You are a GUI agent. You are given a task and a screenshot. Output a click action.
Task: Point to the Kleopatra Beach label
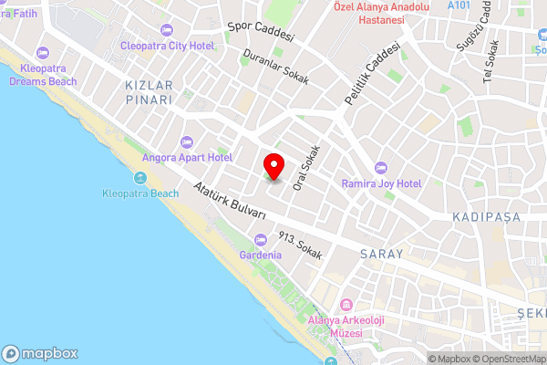(x=140, y=193)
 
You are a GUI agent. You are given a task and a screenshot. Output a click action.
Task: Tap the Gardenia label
(x=260, y=255)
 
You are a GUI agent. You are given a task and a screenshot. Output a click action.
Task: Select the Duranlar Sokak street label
(x=276, y=66)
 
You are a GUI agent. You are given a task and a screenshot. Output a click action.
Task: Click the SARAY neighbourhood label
(x=381, y=254)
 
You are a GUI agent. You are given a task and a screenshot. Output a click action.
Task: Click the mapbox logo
(x=40, y=353)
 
